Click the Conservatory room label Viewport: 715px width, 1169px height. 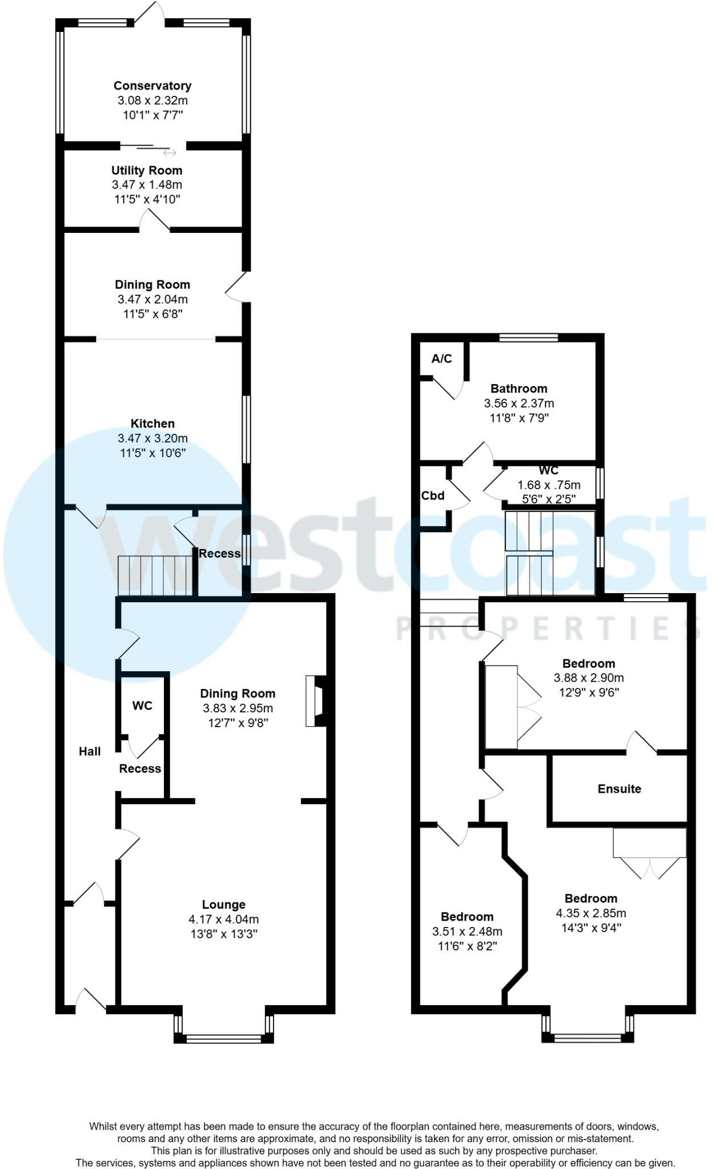pyautogui.click(x=152, y=86)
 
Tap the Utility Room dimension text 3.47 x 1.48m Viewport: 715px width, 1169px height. pyautogui.click(x=147, y=185)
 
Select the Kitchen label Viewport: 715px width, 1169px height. pyautogui.click(x=152, y=424)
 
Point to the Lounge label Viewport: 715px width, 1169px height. pyautogui.click(x=223, y=905)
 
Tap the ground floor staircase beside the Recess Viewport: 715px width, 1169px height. pyautogui.click(x=155, y=576)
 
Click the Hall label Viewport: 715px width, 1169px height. pyautogui.click(x=90, y=752)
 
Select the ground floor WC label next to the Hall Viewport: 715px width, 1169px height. pyautogui.click(x=142, y=706)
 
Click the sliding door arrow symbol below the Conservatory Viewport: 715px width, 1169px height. pyautogui.click(x=170, y=153)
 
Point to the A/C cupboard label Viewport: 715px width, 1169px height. pyautogui.click(x=441, y=358)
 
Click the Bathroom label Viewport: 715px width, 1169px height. pyautogui.click(x=519, y=389)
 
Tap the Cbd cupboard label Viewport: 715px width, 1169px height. pyautogui.click(x=433, y=495)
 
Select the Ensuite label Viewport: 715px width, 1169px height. pyautogui.click(x=619, y=789)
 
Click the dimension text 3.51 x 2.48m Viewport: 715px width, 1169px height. pyautogui.click(x=467, y=932)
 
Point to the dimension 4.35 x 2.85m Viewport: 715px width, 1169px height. pyautogui.click(x=591, y=913)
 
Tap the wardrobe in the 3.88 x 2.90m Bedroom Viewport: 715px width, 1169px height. pyautogui.click(x=501, y=707)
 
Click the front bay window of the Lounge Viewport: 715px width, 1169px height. pyautogui.click(x=224, y=1039)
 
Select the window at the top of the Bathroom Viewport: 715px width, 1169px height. pyautogui.click(x=528, y=337)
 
